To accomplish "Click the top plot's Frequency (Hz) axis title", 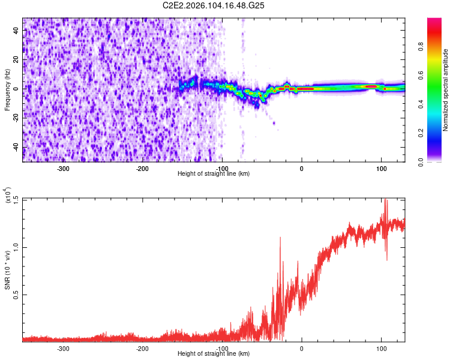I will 7,90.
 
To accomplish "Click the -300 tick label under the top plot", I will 64,168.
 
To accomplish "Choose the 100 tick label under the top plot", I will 381,168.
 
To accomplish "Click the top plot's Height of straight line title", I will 214,174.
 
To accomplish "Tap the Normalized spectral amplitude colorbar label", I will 446,90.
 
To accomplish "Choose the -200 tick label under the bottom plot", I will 143,349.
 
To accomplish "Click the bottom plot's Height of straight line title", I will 214,355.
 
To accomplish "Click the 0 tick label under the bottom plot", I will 302,349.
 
